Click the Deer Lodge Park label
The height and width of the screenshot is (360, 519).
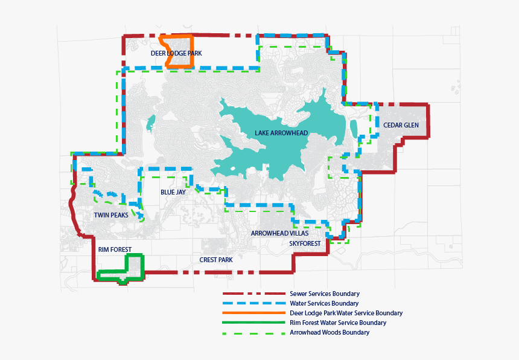click(x=176, y=54)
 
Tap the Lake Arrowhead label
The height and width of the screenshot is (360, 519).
click(x=281, y=133)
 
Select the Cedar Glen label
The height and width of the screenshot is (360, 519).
click(x=400, y=125)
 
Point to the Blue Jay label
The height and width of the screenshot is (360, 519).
click(x=173, y=192)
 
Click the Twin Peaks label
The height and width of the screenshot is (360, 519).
click(x=110, y=215)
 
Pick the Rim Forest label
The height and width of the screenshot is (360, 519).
click(x=115, y=249)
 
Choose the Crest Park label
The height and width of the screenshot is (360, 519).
click(x=216, y=260)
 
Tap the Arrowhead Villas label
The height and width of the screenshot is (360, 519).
click(x=279, y=233)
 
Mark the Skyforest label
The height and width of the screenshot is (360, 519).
click(x=305, y=243)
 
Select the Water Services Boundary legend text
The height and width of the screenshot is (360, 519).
click(x=324, y=303)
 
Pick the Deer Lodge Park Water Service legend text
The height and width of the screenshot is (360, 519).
click(x=346, y=313)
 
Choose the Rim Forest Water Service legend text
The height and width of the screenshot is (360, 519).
click(x=338, y=323)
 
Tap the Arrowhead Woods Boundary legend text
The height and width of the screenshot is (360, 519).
click(x=330, y=332)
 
